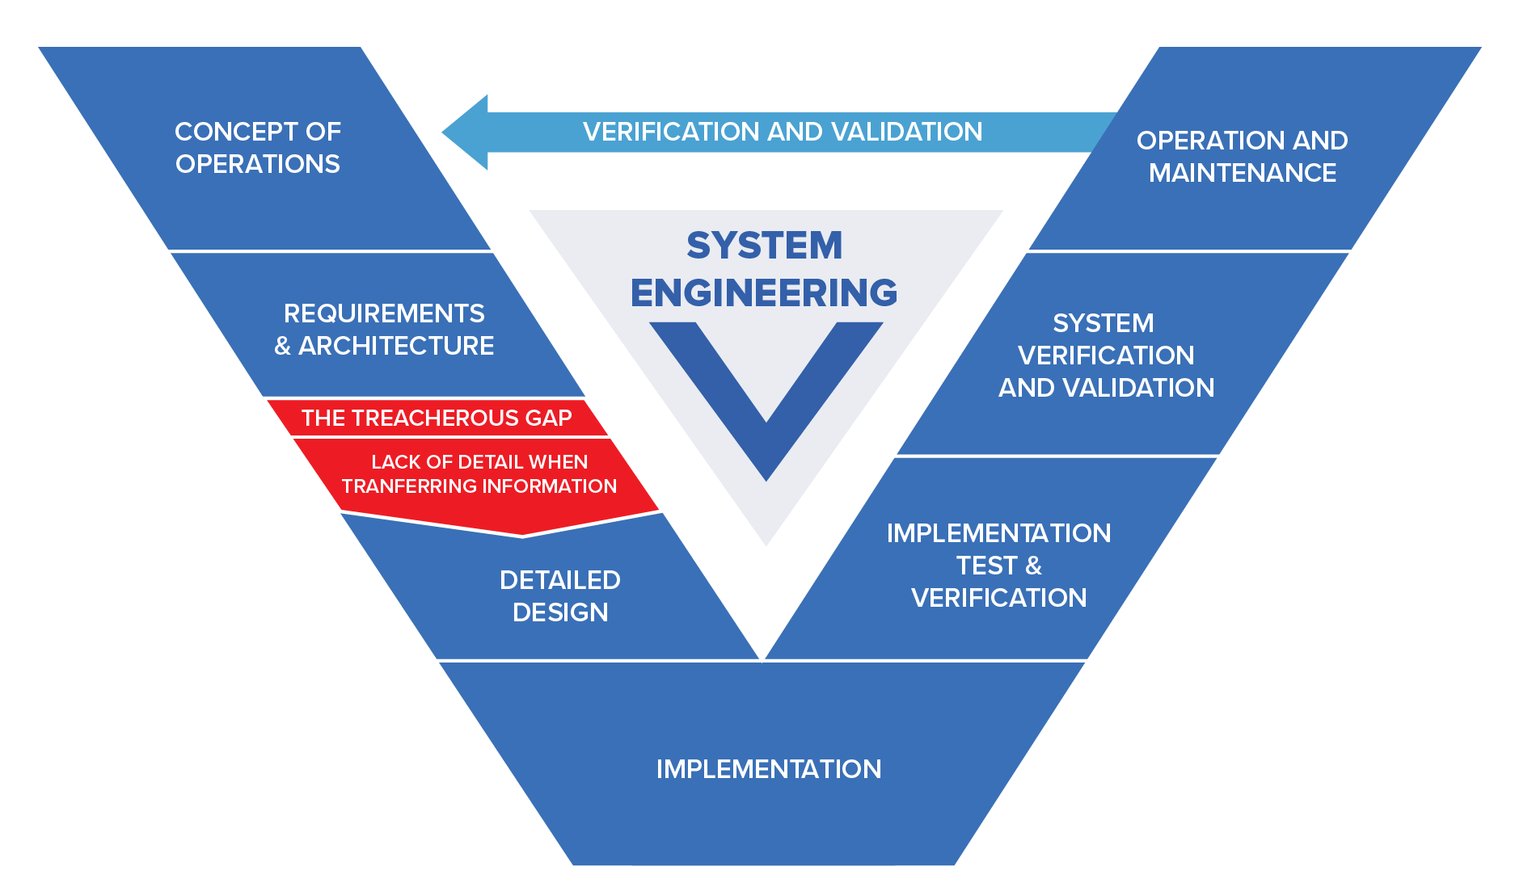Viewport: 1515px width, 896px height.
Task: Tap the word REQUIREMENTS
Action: point(384,313)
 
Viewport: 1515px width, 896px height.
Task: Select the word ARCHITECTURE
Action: point(396,346)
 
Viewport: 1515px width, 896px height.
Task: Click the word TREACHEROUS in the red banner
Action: point(437,418)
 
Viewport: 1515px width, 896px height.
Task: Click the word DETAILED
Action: point(559,580)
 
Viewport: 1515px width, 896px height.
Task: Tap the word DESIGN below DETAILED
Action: point(559,612)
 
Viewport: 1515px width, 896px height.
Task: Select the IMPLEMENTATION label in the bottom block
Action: point(768,769)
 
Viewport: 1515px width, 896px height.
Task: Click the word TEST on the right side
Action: point(985,566)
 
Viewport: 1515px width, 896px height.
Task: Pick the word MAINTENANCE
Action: point(1242,173)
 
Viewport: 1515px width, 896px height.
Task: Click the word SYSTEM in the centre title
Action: point(764,246)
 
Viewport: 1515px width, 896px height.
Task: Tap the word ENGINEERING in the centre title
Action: point(764,292)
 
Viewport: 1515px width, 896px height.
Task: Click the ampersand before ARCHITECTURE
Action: point(282,347)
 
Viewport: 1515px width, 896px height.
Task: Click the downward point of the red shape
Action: point(522,533)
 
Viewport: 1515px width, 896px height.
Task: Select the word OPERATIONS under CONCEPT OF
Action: point(257,164)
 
